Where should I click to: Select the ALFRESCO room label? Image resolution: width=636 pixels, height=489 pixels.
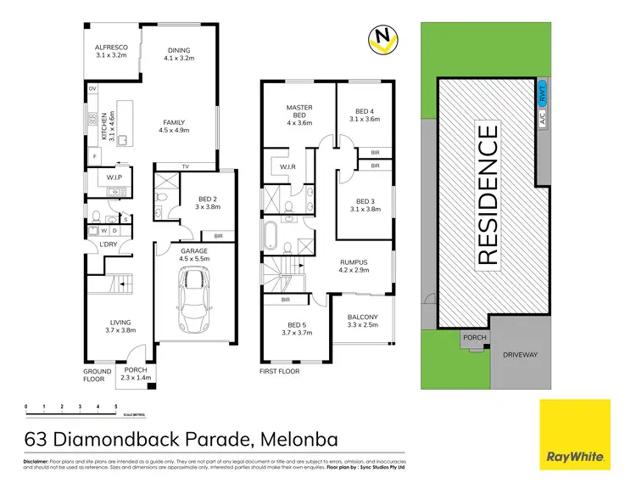pos(110,49)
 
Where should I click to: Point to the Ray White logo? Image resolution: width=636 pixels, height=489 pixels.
pos(574,434)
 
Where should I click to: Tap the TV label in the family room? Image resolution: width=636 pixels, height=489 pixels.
pos(184,166)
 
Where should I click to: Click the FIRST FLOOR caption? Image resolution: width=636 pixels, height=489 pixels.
pos(281,371)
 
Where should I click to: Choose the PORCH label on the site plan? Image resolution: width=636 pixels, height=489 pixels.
pos(471,338)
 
